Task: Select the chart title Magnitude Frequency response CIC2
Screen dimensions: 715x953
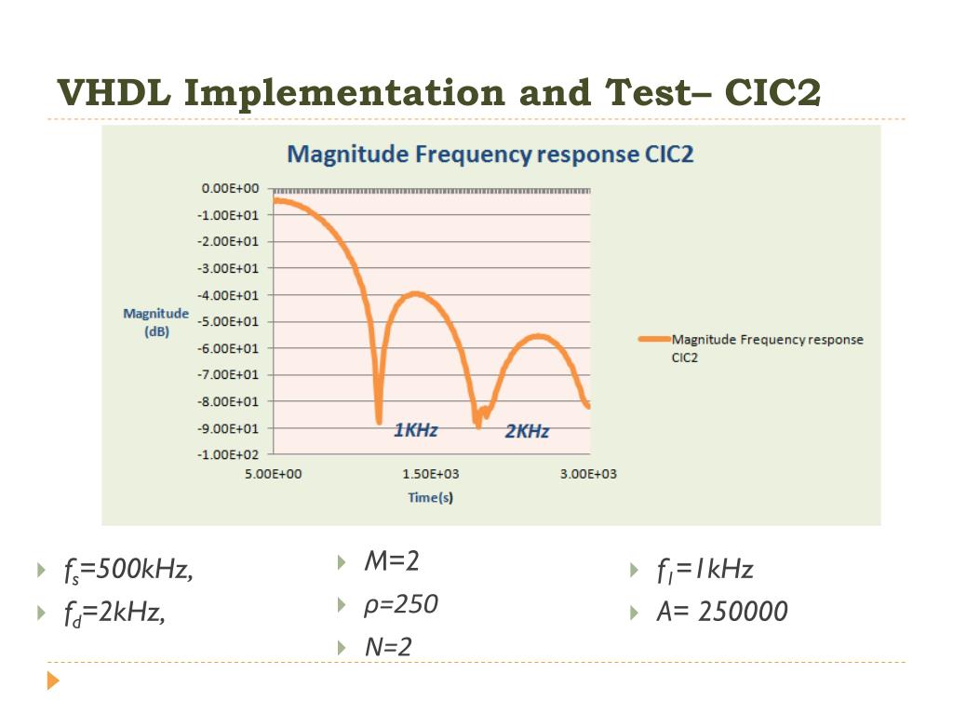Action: click(x=490, y=154)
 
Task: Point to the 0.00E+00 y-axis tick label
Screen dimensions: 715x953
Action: click(x=230, y=188)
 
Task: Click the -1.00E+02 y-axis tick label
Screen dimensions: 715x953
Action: click(x=228, y=454)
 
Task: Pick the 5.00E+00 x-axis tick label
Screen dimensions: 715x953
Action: click(x=273, y=474)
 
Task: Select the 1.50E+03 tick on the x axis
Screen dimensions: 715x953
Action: click(x=431, y=474)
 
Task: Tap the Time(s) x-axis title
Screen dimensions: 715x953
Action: click(x=431, y=497)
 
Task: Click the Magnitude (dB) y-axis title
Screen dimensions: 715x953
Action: click(x=155, y=322)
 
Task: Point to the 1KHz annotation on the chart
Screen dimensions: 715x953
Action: click(x=415, y=430)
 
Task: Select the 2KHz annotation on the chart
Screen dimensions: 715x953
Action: click(x=527, y=431)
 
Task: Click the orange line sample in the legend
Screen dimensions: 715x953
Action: click(x=653, y=340)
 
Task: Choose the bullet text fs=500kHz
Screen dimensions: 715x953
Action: click(x=129, y=569)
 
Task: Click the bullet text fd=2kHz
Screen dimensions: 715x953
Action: click(x=114, y=612)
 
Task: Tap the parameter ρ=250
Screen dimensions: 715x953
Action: click(x=400, y=605)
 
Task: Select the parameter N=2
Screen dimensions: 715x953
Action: click(x=388, y=647)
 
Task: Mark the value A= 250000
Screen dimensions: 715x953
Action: click(x=721, y=612)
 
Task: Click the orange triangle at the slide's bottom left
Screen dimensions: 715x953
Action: click(x=53, y=681)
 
